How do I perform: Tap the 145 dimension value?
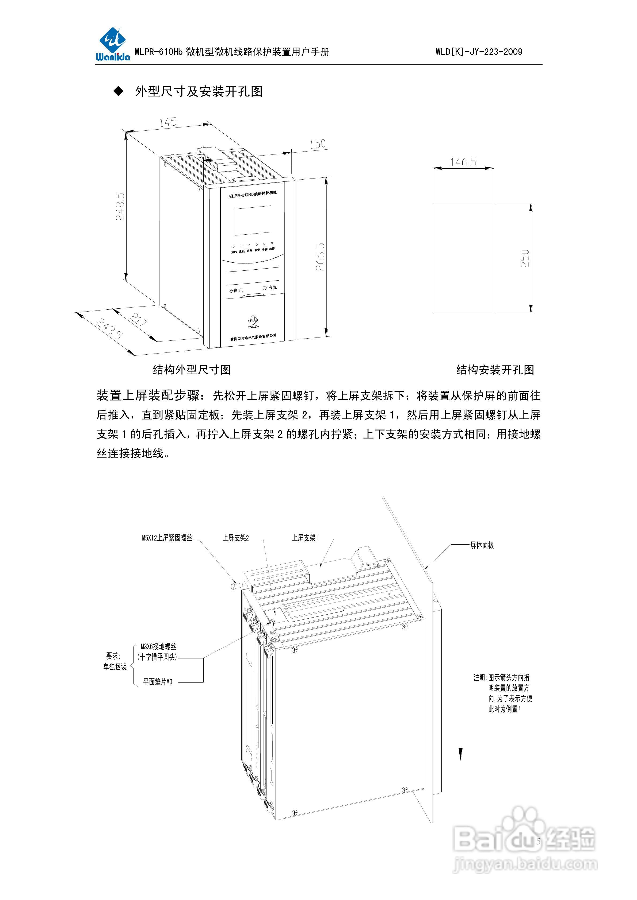pos(168,122)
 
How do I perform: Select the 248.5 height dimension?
pos(120,207)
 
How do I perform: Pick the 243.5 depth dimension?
pos(109,328)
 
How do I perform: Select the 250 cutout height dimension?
pos(525,258)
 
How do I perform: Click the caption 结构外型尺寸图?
pos(192,370)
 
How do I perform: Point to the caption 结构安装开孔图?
pos(495,370)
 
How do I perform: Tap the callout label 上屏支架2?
pos(235,538)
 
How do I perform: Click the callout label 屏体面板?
pos(482,545)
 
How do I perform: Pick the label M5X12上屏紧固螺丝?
pos(167,538)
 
